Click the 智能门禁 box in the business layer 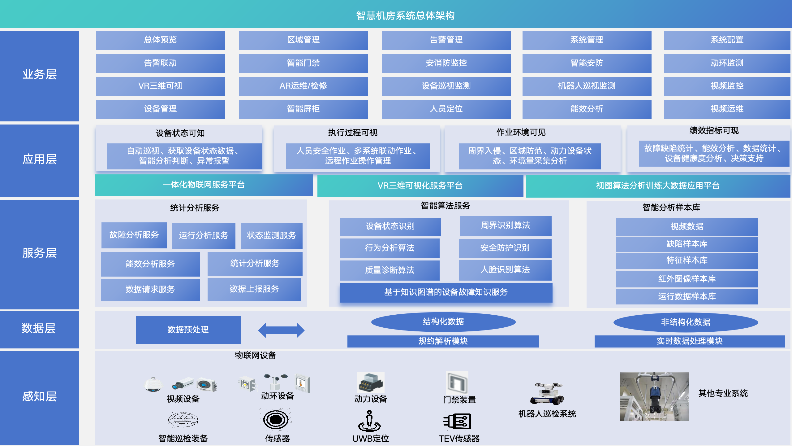tap(303, 63)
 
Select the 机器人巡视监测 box tap(587, 86)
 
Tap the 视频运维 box tap(727, 109)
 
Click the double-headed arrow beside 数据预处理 tap(281, 330)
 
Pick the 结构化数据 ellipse tap(443, 322)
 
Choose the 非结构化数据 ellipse tap(686, 322)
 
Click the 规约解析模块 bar tap(443, 341)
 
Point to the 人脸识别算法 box tap(505, 270)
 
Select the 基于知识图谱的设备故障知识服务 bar tap(446, 292)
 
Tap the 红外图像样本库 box tap(687, 279)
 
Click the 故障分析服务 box tap(134, 235)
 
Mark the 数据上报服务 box tap(254, 289)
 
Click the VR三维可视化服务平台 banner tap(420, 186)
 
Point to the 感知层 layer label tap(40, 397)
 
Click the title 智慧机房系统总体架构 tap(405, 15)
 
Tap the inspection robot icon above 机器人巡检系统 tap(547, 394)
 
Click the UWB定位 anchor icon tap(369, 421)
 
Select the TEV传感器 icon tap(458, 422)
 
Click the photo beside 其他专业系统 tap(654, 396)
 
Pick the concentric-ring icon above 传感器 tap(276, 420)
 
